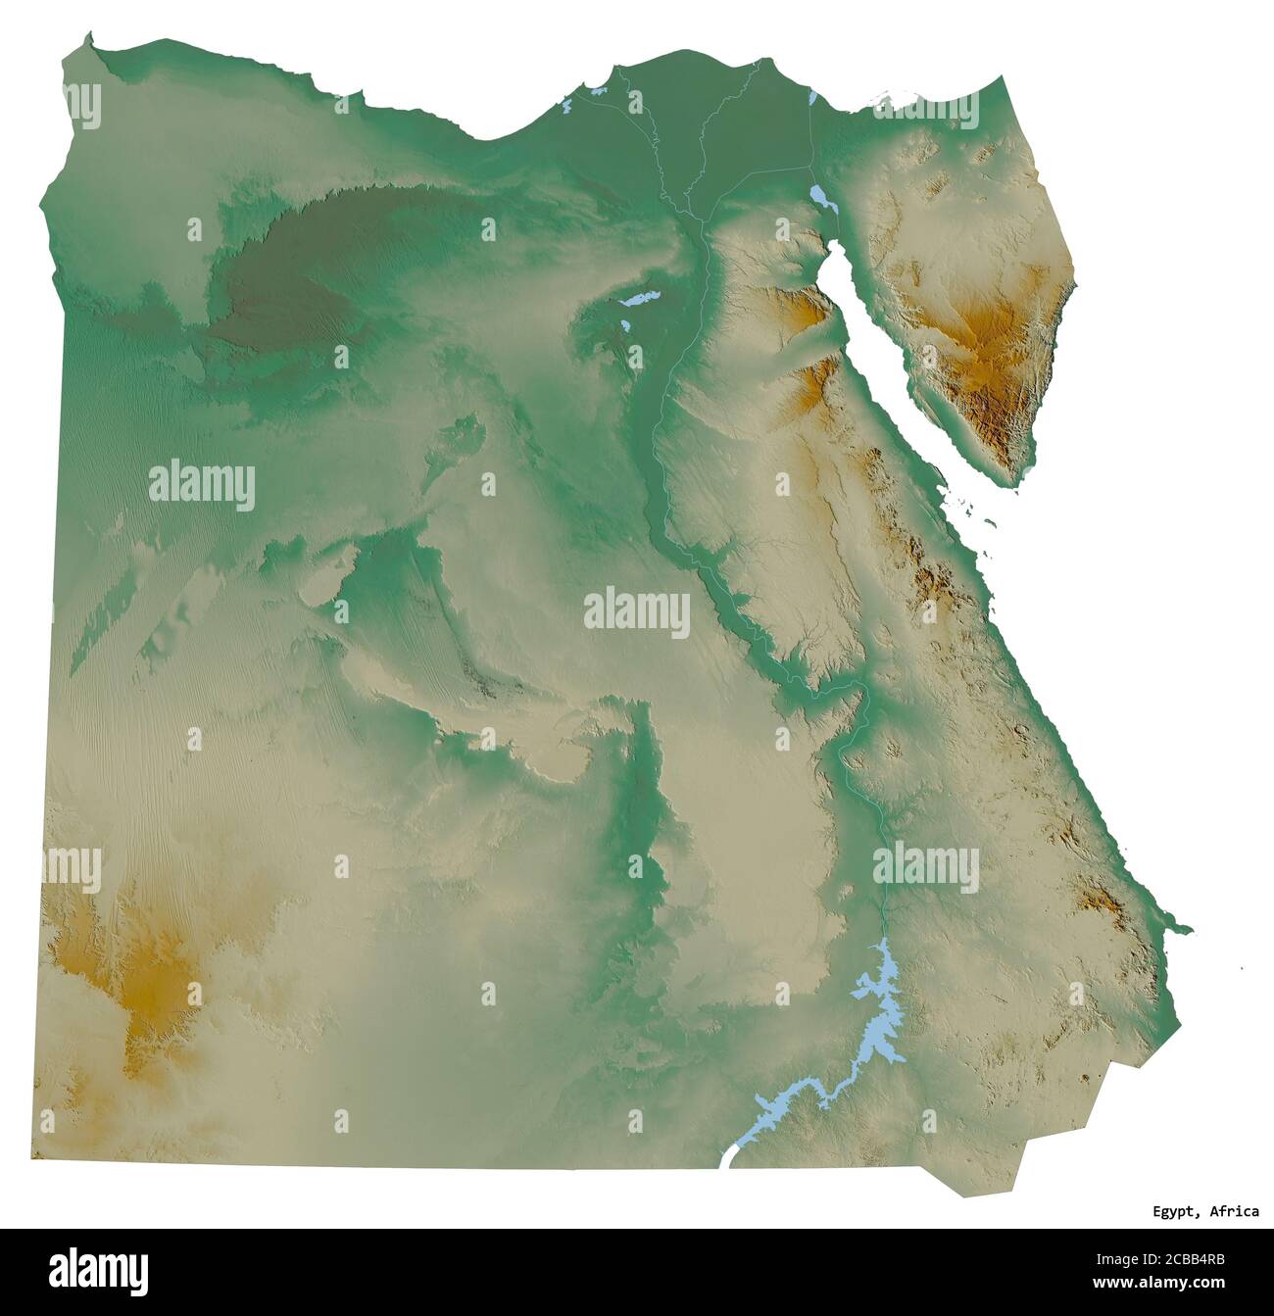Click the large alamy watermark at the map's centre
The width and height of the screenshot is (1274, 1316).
637,612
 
